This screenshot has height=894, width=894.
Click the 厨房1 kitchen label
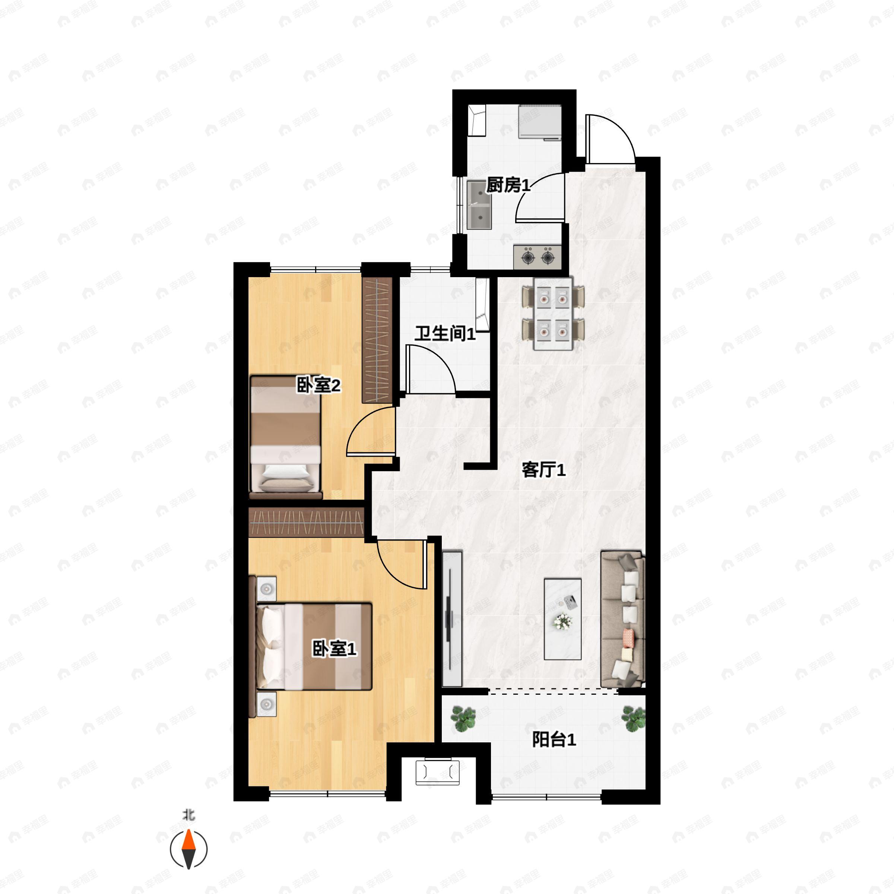pos(508,186)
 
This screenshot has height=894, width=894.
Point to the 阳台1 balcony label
pos(554,739)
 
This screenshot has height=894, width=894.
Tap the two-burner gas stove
pos(537,256)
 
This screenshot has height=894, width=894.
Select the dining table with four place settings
pos(553,314)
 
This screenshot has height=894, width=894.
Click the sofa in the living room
pos(622,619)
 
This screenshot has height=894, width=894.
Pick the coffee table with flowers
pos(562,619)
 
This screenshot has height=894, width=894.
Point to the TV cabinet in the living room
pos(452,618)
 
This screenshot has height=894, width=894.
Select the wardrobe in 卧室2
pos(377,340)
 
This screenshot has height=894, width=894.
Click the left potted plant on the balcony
pos(464,719)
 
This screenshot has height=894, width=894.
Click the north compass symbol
pos(189,849)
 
